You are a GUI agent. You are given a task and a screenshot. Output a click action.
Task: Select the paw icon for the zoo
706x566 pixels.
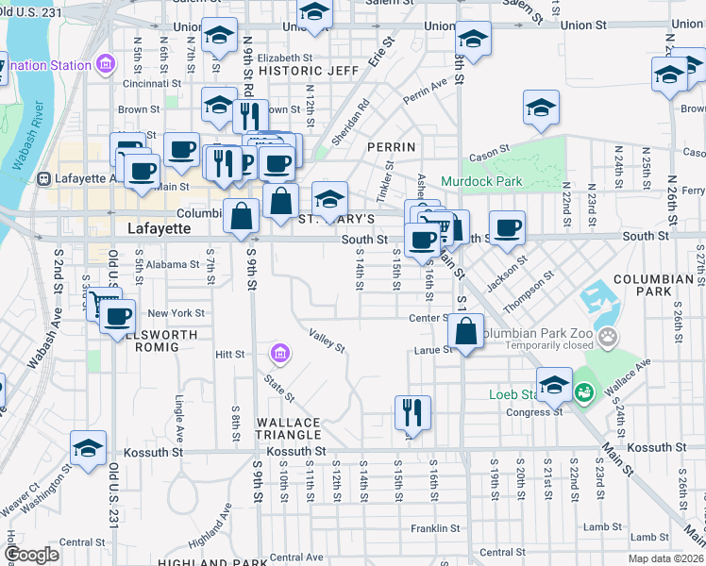click(610, 335)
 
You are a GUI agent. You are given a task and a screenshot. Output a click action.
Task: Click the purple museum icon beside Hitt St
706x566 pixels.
click(279, 355)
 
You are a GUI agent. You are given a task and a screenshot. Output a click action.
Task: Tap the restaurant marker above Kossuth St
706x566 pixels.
click(412, 412)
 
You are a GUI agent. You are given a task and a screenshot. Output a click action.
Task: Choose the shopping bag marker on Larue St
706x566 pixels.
click(467, 331)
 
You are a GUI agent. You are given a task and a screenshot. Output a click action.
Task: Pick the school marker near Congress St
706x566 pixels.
click(554, 384)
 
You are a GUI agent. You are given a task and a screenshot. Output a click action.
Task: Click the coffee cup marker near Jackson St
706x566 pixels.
click(507, 228)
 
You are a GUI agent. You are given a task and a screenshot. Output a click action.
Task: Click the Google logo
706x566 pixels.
click(32, 555)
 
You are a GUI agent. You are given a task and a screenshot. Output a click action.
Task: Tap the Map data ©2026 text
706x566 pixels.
click(664, 558)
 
